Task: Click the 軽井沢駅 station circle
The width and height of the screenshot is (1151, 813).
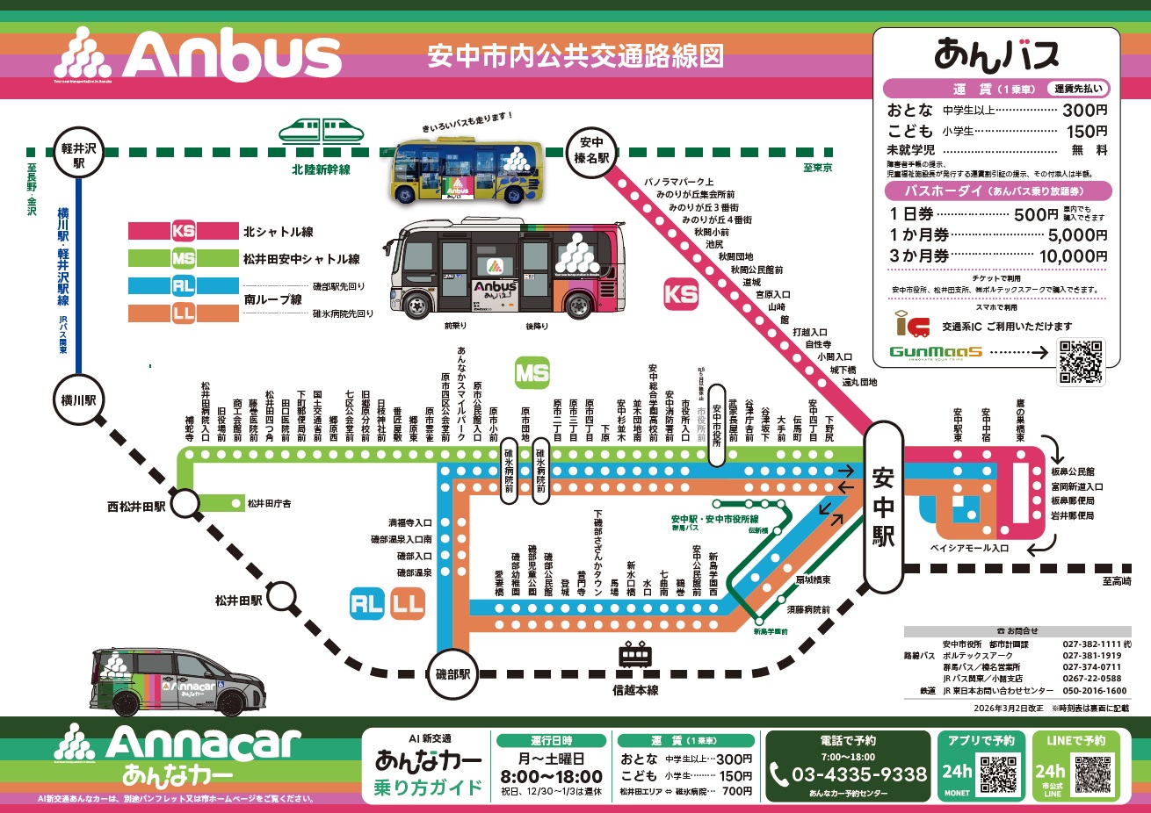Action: click(78, 155)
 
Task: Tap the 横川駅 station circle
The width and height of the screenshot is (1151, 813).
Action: click(78, 400)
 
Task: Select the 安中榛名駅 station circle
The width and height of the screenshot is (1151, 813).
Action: click(591, 150)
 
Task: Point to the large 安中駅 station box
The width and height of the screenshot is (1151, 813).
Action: click(883, 507)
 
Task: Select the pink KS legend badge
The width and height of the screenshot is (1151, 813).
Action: click(183, 232)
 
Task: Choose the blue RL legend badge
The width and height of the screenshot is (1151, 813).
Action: click(183, 286)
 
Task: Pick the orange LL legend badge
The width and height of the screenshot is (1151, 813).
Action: click(183, 313)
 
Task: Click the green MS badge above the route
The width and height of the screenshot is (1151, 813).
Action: click(532, 373)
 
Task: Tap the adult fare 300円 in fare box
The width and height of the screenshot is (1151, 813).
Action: click(1084, 111)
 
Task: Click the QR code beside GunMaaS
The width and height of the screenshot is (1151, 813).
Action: click(1081, 361)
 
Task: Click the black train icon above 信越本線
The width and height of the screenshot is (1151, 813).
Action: click(635, 656)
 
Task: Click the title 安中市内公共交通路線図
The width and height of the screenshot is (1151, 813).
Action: click(575, 56)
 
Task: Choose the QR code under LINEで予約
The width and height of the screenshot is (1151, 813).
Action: click(1092, 773)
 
